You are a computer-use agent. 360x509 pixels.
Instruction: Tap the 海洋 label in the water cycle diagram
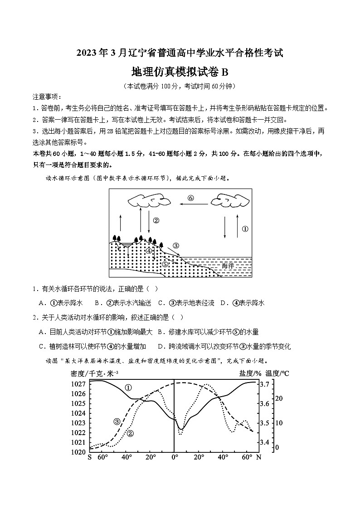pyautogui.click(x=228, y=266)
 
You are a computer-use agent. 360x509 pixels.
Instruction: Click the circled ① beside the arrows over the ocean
pyautogui.click(x=245, y=229)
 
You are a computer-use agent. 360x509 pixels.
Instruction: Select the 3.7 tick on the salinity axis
pyautogui.click(x=265, y=384)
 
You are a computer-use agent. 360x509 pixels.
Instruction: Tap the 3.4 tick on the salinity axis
pyautogui.click(x=265, y=442)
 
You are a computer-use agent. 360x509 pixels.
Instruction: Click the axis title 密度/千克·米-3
pyautogui.click(x=94, y=373)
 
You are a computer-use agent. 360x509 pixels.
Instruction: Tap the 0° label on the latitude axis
pyautogui.click(x=174, y=457)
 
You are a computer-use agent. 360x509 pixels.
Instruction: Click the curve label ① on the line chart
pyautogui.click(x=128, y=388)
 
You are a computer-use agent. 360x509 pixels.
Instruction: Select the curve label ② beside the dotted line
pyautogui.click(x=131, y=433)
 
